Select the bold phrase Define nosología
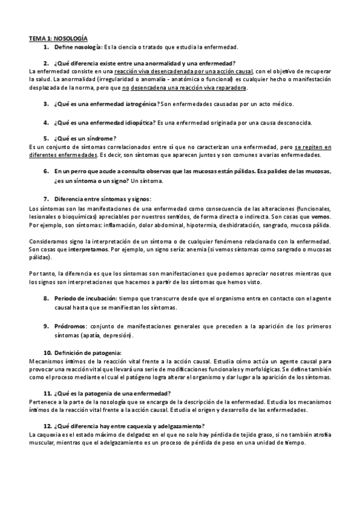point(77,47)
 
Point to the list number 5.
point(46,138)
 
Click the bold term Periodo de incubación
point(85,298)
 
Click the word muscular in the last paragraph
point(42,426)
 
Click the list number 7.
point(46,198)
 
